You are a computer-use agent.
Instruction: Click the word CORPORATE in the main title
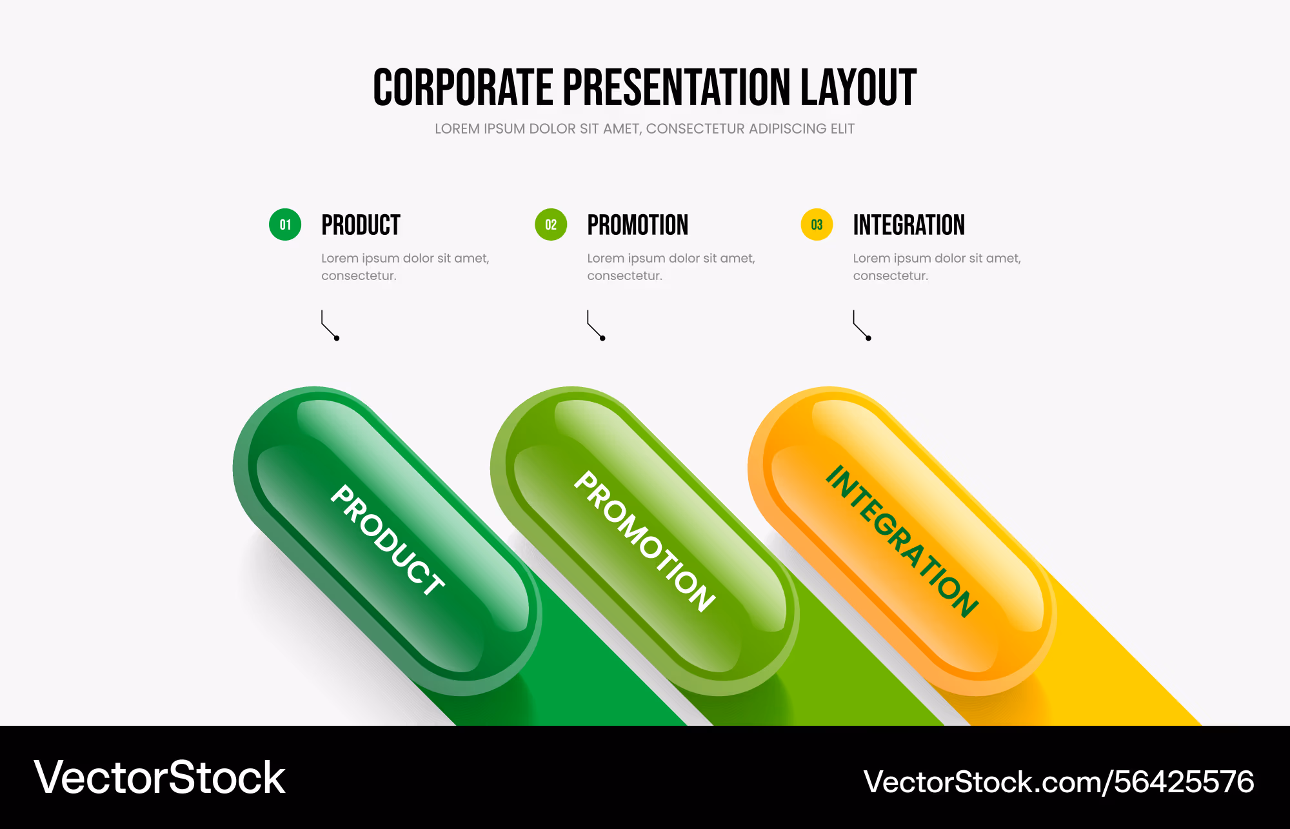[463, 87]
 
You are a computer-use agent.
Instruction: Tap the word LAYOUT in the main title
[858, 87]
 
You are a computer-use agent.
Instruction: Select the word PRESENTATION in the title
[677, 87]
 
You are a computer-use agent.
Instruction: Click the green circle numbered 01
[285, 225]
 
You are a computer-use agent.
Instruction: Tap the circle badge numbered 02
[551, 225]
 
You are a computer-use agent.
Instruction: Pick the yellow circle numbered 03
[817, 225]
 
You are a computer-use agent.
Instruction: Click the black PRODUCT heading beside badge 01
[361, 225]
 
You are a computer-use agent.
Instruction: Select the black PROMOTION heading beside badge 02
[637, 225]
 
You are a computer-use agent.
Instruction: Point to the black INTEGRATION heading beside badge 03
[909, 225]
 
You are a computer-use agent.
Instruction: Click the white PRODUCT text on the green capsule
[387, 539]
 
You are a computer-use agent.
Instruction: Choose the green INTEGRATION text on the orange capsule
[902, 541]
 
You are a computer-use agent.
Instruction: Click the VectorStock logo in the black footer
[159, 777]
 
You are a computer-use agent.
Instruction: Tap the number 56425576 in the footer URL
[1184, 782]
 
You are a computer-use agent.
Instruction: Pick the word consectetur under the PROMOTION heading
[624, 275]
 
